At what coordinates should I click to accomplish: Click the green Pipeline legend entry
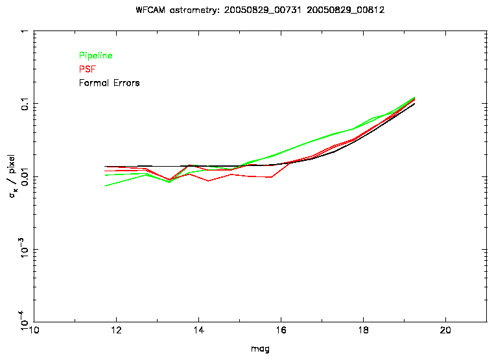[x=95, y=56]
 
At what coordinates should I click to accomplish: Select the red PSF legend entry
[x=87, y=69]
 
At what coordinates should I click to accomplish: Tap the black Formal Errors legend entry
[x=109, y=83]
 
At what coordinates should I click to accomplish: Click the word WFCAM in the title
[x=152, y=11]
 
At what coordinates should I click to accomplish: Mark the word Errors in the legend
[x=126, y=83]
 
